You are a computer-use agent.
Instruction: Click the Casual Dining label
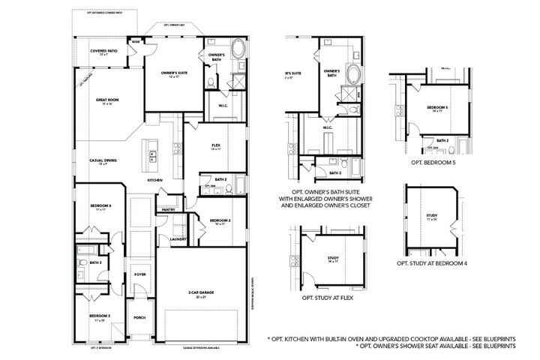[102, 160]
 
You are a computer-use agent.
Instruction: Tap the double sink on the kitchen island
[152, 156]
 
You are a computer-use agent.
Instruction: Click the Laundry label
[178, 238]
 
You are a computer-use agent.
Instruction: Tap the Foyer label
[139, 274]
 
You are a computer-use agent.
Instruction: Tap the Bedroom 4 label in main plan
[100, 206]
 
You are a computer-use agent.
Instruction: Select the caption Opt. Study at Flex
[328, 298]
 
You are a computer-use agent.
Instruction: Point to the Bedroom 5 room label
[436, 108]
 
